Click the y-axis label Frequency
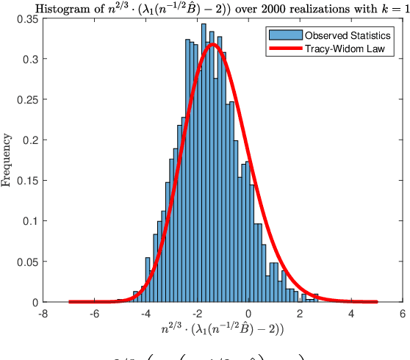(8, 159)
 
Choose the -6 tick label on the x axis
(94, 312)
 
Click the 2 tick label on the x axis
(300, 312)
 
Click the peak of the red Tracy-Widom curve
(213, 44)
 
